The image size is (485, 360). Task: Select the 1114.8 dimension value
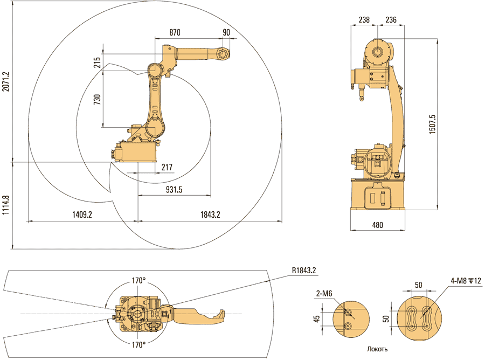click(5, 205)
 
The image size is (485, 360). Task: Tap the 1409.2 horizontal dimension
click(82, 214)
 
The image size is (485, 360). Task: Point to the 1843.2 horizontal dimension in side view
click(210, 214)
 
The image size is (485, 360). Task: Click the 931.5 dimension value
click(174, 189)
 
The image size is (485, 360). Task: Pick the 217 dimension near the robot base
click(167, 168)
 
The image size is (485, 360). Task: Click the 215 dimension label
click(97, 62)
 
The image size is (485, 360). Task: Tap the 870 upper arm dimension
click(175, 32)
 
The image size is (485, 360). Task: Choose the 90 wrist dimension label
click(226, 32)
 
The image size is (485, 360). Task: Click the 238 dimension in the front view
click(364, 20)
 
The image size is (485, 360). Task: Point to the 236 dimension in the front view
click(391, 20)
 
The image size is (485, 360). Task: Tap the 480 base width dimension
click(377, 225)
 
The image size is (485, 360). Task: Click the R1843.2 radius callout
click(303, 270)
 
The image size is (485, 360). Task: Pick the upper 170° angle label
click(138, 280)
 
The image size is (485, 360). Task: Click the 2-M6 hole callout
click(324, 293)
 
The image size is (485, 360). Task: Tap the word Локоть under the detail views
click(377, 349)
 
